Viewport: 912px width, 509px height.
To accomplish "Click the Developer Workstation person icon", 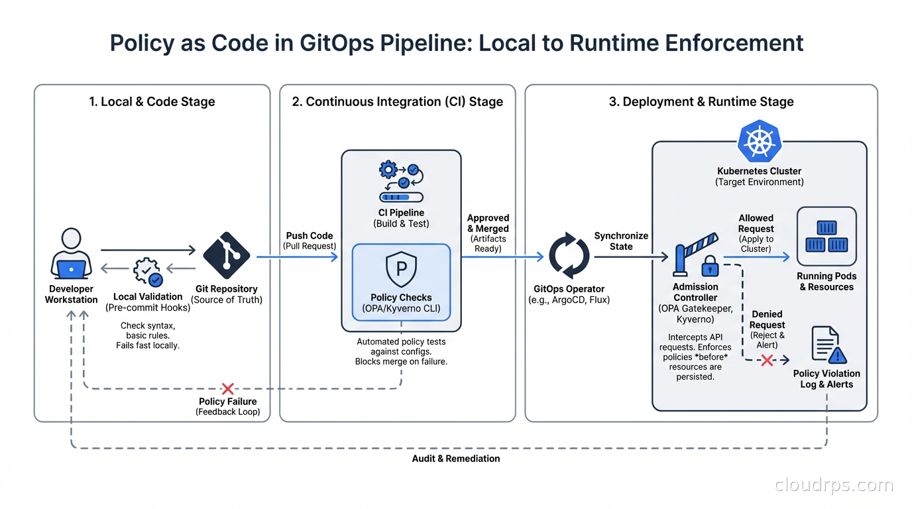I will (x=71, y=254).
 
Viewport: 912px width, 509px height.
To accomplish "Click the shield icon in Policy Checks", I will (x=401, y=268).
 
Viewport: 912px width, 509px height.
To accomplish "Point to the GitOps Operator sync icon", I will (x=569, y=256).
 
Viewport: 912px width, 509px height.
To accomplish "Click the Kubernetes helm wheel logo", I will (x=760, y=142).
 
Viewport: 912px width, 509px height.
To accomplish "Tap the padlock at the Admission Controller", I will (x=710, y=266).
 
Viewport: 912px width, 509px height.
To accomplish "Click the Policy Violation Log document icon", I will (x=826, y=345).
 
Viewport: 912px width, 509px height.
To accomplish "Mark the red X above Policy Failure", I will (x=227, y=388).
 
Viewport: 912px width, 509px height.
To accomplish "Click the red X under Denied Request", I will (x=767, y=361).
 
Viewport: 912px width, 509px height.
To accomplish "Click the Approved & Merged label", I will (x=488, y=223).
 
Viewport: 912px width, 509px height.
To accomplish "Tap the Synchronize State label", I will (x=621, y=241).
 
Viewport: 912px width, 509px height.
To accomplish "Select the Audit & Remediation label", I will (x=455, y=459).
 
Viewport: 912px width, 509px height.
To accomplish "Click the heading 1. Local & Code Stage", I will (x=152, y=102).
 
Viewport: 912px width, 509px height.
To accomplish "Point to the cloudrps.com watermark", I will (x=834, y=485).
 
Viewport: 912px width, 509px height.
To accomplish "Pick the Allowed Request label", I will (x=756, y=223).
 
